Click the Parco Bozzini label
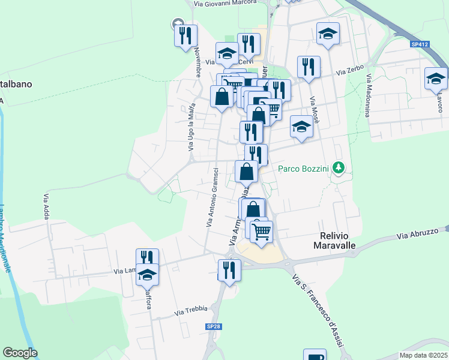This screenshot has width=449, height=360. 304,169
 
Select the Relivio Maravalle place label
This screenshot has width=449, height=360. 335,241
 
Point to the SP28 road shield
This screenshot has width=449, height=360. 212,326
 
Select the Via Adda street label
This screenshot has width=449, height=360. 46,205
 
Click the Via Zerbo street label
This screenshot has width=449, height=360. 350,70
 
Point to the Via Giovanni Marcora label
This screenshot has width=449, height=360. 225,3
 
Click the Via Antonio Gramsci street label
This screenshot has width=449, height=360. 211,205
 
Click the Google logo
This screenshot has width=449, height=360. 20,353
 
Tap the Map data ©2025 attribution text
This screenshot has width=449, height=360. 424,355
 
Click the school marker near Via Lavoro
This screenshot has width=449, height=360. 436,79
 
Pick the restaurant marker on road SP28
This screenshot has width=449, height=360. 229,271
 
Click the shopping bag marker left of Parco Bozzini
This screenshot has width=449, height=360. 247,172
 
